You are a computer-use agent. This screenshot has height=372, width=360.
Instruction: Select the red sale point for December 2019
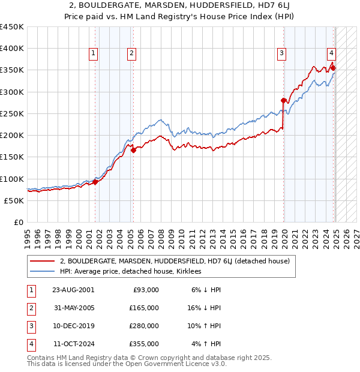[x=283, y=101]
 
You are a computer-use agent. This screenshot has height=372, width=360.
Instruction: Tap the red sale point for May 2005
[x=133, y=151]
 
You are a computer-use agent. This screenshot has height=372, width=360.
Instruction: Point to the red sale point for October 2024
[x=333, y=68]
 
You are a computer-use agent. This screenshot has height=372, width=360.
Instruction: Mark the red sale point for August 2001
[x=95, y=182]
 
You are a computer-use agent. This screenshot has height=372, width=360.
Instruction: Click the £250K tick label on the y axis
[x=12, y=113]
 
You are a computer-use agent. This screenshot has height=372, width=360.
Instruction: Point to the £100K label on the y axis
[x=12, y=179]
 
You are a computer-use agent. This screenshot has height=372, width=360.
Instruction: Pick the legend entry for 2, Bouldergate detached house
[x=175, y=261]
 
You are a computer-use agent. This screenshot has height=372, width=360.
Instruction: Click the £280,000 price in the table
[x=145, y=327]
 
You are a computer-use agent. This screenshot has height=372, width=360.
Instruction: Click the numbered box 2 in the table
[x=30, y=308]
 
